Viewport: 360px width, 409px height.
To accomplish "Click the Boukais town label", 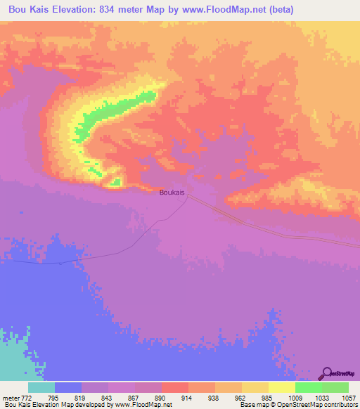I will [x=172, y=190].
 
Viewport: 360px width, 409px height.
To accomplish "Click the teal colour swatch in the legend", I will [x=41, y=388].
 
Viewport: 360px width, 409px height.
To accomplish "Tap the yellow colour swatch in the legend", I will [x=281, y=388].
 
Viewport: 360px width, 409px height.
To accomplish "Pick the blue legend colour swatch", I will [x=68, y=388].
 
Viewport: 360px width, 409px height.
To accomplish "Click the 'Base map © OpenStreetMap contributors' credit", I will [x=296, y=404].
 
